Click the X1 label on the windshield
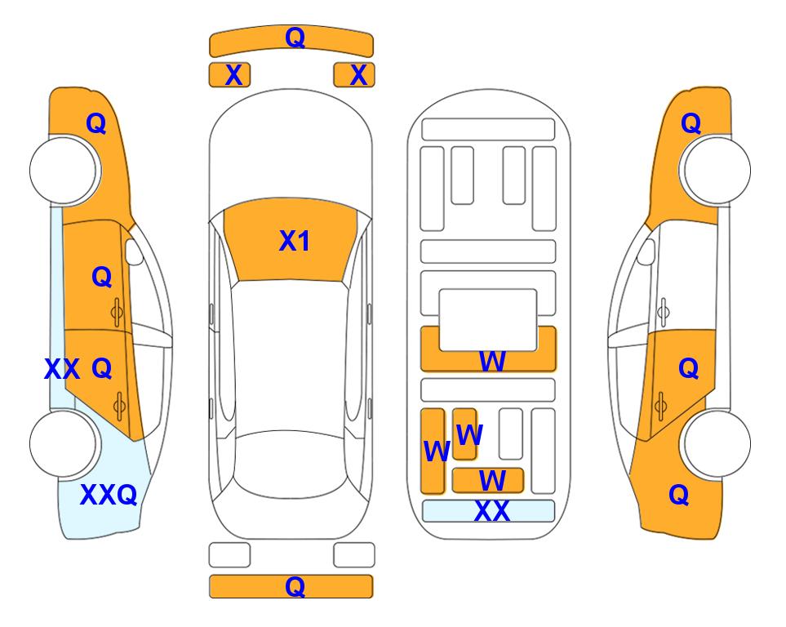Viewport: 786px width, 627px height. (294, 241)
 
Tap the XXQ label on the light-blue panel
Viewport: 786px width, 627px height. (109, 495)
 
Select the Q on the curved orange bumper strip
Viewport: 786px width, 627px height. (295, 37)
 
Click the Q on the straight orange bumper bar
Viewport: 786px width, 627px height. (295, 586)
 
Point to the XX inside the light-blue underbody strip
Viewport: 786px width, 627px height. (491, 511)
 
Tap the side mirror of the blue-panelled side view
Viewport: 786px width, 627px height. (134, 251)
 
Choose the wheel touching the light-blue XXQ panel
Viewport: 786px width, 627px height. (64, 443)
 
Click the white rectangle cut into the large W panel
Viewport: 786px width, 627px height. (488, 320)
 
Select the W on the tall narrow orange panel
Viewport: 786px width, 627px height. (437, 451)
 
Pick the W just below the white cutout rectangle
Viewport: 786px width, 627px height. (491, 361)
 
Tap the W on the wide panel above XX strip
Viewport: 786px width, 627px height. (491, 480)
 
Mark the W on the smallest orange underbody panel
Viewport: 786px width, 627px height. (469, 434)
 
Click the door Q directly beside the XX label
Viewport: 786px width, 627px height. (102, 369)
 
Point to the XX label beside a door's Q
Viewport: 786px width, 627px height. (62, 369)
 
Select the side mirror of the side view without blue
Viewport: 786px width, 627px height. (646, 251)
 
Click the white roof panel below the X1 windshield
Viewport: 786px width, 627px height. (290, 356)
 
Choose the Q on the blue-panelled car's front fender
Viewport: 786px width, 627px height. (95, 123)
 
